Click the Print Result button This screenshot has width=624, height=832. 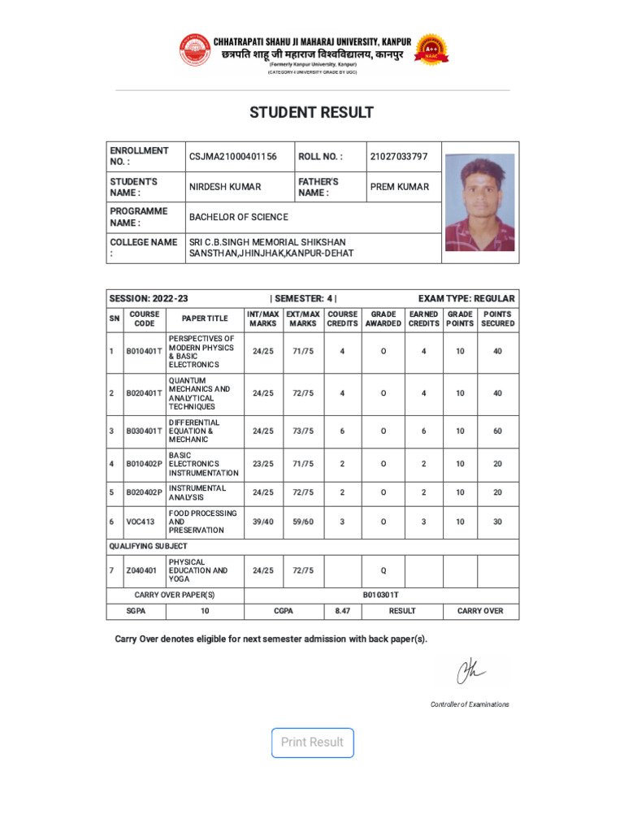point(313,742)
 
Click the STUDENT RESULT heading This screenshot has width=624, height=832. point(311,113)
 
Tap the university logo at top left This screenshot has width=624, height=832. point(194,50)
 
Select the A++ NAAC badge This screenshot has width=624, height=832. point(431,50)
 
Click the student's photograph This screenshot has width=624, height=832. point(479,202)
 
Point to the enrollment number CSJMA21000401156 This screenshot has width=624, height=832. point(233,156)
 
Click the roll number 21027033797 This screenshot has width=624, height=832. point(399,156)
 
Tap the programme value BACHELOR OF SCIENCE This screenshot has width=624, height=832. point(239,218)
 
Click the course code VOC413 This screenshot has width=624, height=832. point(141,522)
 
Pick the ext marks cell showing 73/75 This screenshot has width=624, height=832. point(303,431)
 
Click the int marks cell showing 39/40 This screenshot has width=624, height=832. point(263,522)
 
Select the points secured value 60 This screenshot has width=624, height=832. point(497,431)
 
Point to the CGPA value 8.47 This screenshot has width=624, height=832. point(342,611)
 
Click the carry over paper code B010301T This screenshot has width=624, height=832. point(381,595)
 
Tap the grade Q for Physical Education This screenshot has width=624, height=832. point(383,571)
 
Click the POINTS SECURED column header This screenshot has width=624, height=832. point(497,318)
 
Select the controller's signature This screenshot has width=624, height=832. point(470,671)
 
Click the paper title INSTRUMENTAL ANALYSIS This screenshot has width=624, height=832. point(197,492)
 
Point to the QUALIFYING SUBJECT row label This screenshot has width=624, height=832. point(149,546)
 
